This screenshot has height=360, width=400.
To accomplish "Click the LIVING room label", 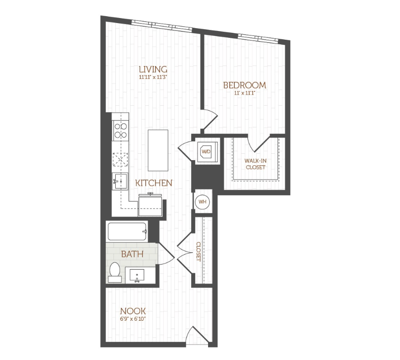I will coord(152,69).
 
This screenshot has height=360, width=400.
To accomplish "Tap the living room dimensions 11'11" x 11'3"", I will coord(152,78).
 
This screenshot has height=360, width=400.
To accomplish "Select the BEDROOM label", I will coord(245,85).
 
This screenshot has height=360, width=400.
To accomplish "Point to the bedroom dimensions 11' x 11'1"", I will coord(245,93).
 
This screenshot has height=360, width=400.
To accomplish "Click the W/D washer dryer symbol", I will coord(206,150).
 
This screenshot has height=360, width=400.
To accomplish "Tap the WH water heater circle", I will coord(202,202).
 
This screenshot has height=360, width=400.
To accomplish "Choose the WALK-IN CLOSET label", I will coord(255,164).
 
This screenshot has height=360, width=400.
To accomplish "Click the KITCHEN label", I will coord(154,183).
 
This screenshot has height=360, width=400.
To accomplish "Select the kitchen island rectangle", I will coord(157,150).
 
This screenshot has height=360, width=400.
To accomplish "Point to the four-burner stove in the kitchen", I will coord(121,131).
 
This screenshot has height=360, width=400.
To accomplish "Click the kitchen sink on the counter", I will coord(121,181).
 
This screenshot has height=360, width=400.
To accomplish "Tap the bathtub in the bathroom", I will coord(127,232).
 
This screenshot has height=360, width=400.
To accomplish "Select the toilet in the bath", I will coord(115,272).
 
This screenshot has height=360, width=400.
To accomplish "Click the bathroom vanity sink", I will coord(137,276).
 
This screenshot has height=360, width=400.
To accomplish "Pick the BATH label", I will coord(132,254).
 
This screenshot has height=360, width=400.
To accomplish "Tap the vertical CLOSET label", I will coord(198,252).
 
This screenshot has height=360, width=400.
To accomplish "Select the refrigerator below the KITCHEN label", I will coord(151,204).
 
